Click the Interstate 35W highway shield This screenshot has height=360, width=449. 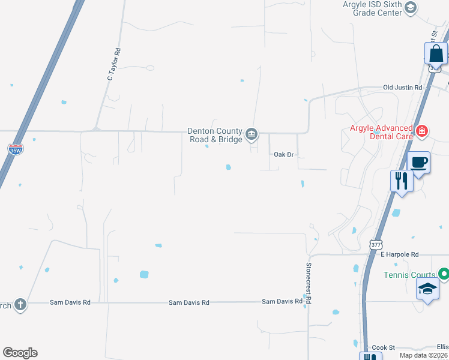click(x=16, y=149)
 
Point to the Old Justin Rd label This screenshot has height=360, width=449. click(x=403, y=88)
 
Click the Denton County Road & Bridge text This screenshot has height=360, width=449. click(x=215, y=135)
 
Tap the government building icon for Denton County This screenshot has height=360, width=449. click(x=252, y=134)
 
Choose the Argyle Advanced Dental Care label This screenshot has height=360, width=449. click(x=381, y=133)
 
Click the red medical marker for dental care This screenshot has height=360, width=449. click(x=422, y=130)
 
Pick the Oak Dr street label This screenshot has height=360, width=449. click(x=283, y=155)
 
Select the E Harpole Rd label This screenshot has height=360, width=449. click(x=399, y=254)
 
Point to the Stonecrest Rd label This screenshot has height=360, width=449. click(x=309, y=281)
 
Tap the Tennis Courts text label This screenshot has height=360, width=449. click(x=409, y=275)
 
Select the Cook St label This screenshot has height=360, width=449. click(x=383, y=347)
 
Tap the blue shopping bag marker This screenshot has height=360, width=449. click(x=436, y=55)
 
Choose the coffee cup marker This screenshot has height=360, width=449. click(x=418, y=162)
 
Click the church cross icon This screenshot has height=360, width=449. click(x=20, y=305)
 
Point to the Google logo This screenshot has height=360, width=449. click(x=20, y=353)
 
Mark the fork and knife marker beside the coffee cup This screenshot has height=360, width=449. click(x=401, y=181)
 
